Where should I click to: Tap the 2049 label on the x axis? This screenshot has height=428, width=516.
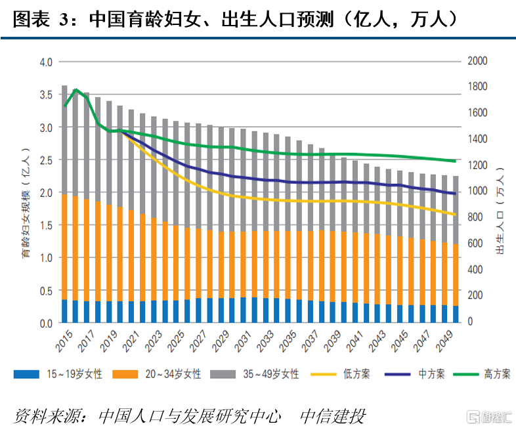click(x=448, y=339)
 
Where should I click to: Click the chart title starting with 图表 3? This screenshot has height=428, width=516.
click(x=236, y=18)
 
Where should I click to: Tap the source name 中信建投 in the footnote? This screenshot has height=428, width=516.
click(x=332, y=416)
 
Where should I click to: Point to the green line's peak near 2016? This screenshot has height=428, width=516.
click(x=76, y=90)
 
